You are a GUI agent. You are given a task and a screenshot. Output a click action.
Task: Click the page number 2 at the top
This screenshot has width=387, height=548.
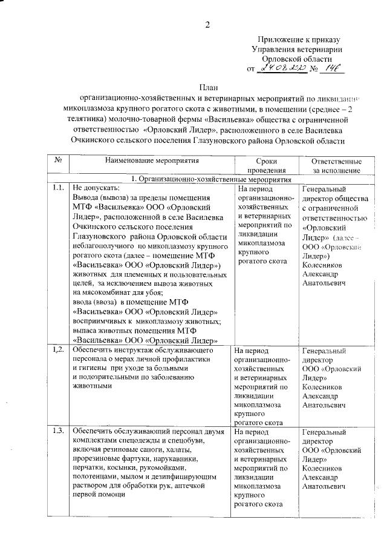[207, 25]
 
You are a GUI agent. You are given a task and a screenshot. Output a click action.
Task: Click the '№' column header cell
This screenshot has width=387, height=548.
[59, 162]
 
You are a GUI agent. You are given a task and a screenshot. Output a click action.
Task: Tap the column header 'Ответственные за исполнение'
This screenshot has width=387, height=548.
[336, 166]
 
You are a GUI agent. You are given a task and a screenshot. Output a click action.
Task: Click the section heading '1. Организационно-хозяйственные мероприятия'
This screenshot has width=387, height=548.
[206, 179]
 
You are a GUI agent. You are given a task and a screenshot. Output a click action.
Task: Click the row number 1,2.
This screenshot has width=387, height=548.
[59, 350]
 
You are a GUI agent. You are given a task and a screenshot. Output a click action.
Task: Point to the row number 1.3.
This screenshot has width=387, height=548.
[59, 431]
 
